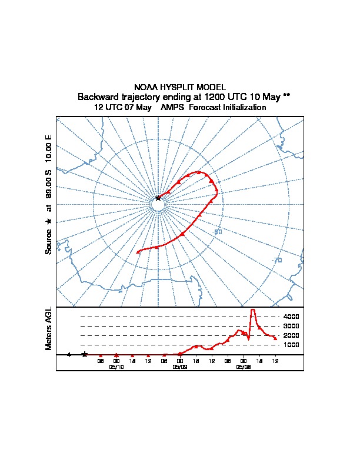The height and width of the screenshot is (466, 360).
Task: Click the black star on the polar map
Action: [158, 198]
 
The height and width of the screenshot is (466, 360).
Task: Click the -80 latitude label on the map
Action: [218, 232]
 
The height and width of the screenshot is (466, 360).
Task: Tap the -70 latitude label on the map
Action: [276, 260]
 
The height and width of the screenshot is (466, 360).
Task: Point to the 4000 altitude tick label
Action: [291, 317]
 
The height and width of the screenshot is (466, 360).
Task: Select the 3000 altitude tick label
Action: [291, 326]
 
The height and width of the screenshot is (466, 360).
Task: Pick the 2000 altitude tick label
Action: [291, 335]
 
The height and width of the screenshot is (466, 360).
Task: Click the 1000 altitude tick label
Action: [291, 345]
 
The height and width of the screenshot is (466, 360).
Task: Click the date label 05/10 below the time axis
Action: [116, 367]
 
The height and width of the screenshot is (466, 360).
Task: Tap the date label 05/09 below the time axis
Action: [180, 367]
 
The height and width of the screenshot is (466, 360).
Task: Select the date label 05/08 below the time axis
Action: [244, 367]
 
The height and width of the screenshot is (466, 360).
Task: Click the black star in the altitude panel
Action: [85, 354]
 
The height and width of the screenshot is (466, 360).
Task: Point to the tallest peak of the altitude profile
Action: [253, 310]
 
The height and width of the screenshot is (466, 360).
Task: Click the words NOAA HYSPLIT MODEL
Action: [180, 87]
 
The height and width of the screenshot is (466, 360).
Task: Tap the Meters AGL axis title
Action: [49, 328]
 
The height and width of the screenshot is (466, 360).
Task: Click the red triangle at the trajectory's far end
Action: [138, 252]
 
